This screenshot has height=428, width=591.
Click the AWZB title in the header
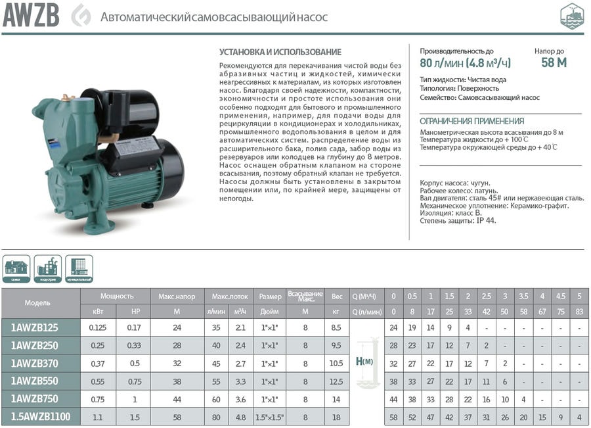tap(31, 16)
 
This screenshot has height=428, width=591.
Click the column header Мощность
tap(117, 296)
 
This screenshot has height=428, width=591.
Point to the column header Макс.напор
tap(176, 296)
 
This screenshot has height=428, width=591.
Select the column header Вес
tap(338, 296)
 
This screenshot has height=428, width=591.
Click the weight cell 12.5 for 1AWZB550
tap(338, 381)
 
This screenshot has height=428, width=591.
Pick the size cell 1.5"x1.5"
tap(270, 416)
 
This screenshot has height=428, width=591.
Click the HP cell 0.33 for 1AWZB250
tap(134, 345)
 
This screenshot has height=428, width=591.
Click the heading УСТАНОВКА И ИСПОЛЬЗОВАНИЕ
tap(280, 51)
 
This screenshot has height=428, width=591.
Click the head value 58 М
tap(554, 63)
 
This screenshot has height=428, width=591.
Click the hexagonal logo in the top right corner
tap(571, 16)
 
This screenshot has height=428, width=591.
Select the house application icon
tap(16, 268)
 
